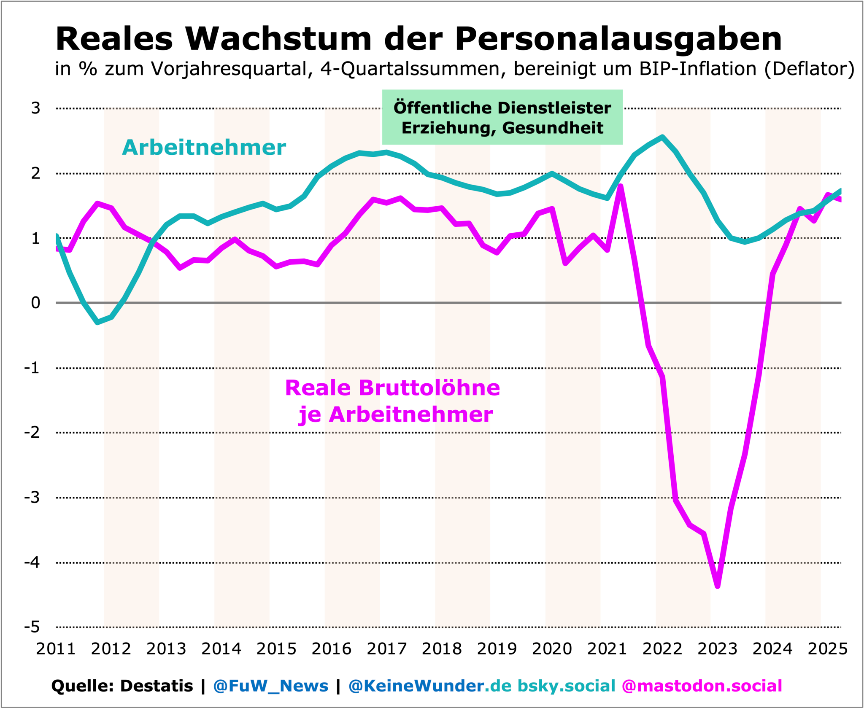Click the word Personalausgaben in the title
(x=618, y=39)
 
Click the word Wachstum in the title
(x=278, y=39)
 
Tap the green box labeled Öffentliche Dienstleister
(x=502, y=117)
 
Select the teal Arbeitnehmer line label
(x=204, y=148)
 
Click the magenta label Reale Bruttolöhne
(x=392, y=388)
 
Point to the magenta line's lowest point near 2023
(x=718, y=586)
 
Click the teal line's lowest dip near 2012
(x=98, y=323)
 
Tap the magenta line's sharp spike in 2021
(x=621, y=186)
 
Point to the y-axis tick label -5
(x=32, y=627)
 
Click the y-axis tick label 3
(x=36, y=108)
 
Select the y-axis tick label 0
(x=36, y=303)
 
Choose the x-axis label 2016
(x=331, y=649)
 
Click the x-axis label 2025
(x=827, y=649)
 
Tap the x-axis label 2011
(x=56, y=649)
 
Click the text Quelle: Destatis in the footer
(x=122, y=686)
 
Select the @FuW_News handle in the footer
(x=270, y=686)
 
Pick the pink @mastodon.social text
(x=702, y=686)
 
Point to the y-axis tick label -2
(x=32, y=432)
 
